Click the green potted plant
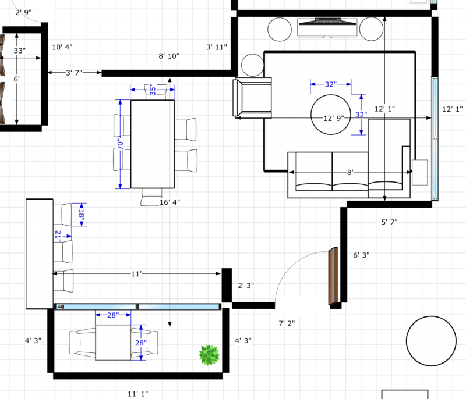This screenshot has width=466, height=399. (209, 355)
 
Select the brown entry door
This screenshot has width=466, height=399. (333, 276)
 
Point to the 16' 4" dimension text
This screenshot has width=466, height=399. (169, 202)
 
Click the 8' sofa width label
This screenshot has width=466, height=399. (351, 172)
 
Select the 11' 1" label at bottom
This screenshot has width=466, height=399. (137, 394)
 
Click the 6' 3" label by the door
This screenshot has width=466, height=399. (361, 255)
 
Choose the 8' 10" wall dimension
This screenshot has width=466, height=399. (169, 56)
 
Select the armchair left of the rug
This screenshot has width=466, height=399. (252, 98)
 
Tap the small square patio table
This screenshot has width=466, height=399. (114, 343)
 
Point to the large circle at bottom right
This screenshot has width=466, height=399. (432, 341)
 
